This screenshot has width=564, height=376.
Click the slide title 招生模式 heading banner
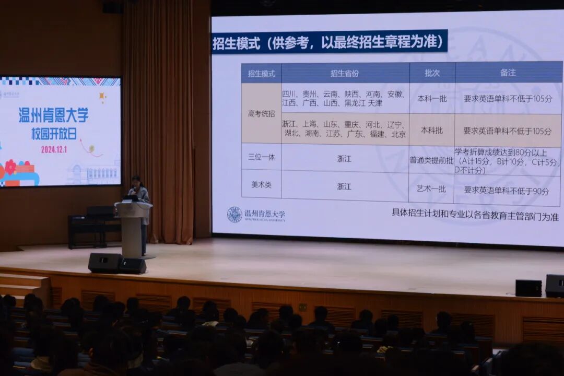pyautogui.click(x=329, y=42)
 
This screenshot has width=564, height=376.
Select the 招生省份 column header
pyautogui.click(x=345, y=73)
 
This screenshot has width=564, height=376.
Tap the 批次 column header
pyautogui.click(x=432, y=73)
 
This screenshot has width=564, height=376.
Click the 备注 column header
pyautogui.click(x=508, y=73)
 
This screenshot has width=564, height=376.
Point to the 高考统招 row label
pyautogui.click(x=261, y=113)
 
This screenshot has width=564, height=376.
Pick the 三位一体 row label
pyautogui.click(x=261, y=157)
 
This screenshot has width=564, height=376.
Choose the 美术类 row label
pyautogui.click(x=261, y=185)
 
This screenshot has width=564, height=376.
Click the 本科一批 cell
pyautogui.click(x=432, y=98)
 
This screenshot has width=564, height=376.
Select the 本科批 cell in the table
pyautogui.click(x=432, y=130)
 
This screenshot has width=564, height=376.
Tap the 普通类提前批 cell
pyautogui.click(x=432, y=160)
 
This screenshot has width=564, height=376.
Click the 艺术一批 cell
pyautogui.click(x=432, y=189)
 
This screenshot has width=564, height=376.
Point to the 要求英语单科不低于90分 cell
pyautogui.click(x=507, y=191)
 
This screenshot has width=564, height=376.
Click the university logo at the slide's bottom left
pyautogui.click(x=234, y=214)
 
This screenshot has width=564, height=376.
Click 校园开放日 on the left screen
pyautogui.click(x=54, y=133)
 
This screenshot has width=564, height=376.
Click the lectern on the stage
pyautogui.click(x=133, y=227)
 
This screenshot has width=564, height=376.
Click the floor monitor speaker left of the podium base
pyautogui.click(x=104, y=263)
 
